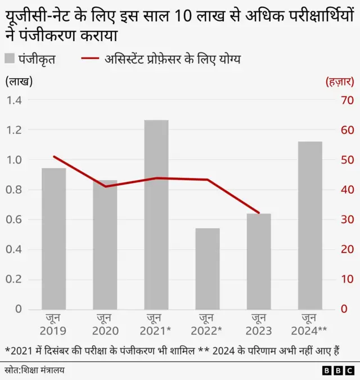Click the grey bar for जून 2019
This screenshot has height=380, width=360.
pos(54,239)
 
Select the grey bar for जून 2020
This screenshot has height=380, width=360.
pos(105,245)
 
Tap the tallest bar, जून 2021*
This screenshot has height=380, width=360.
pos(156,214)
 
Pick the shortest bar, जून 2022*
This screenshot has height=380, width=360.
pos(208,269)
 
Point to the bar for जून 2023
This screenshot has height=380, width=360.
pos(259,261)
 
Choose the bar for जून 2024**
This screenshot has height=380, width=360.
pos(310,225)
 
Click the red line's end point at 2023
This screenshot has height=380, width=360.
pos(259,213)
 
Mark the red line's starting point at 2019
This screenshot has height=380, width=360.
pos(54,157)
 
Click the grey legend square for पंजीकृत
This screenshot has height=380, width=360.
pos(10,58)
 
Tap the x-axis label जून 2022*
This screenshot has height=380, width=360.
pos(208,325)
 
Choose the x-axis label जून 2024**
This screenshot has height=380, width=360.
pos(310,325)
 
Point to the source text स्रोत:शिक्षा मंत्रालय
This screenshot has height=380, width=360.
pos(35,370)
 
